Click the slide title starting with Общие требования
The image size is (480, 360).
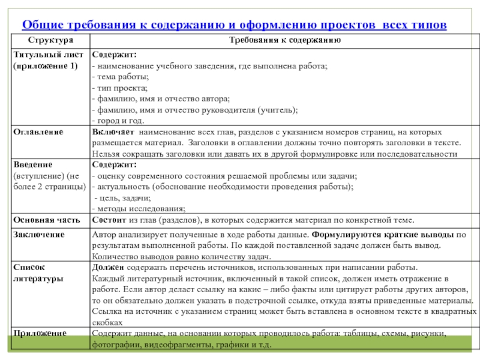click(234, 25)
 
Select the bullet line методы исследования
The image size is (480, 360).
click(137, 208)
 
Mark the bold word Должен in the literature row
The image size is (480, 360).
click(107, 267)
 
